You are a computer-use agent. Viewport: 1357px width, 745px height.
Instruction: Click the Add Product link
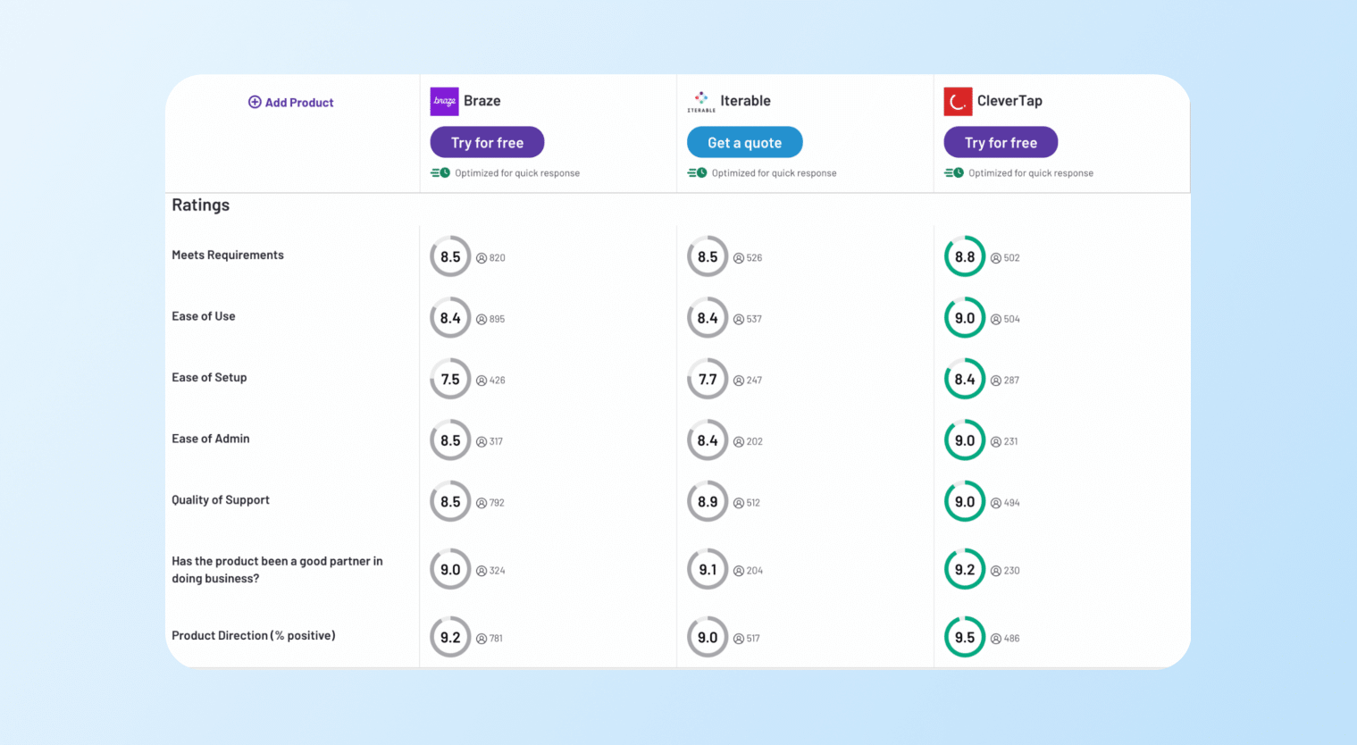(x=291, y=103)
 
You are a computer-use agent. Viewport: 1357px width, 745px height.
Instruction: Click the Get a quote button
(x=744, y=143)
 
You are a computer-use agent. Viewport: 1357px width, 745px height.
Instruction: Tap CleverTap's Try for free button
(x=1001, y=143)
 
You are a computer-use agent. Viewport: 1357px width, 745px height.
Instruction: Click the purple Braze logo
(x=444, y=102)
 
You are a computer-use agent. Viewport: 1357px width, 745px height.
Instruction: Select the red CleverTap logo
(x=958, y=102)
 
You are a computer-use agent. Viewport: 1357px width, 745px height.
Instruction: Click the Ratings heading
(x=201, y=205)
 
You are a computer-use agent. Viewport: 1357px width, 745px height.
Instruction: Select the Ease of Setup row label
(x=209, y=378)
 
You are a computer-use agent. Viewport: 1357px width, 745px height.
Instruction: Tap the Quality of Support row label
(x=221, y=500)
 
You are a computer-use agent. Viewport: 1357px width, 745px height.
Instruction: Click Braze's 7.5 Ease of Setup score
(x=450, y=380)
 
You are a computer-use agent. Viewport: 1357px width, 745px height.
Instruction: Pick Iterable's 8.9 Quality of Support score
(x=708, y=502)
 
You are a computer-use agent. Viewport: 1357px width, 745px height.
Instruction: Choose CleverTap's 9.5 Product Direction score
(x=965, y=638)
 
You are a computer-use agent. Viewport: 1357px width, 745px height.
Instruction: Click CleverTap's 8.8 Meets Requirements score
(x=965, y=257)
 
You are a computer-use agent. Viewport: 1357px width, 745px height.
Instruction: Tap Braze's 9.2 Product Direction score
(x=450, y=638)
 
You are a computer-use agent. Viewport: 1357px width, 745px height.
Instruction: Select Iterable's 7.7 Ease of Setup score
(x=708, y=380)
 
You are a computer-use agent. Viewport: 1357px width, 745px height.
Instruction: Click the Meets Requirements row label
(x=228, y=255)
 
